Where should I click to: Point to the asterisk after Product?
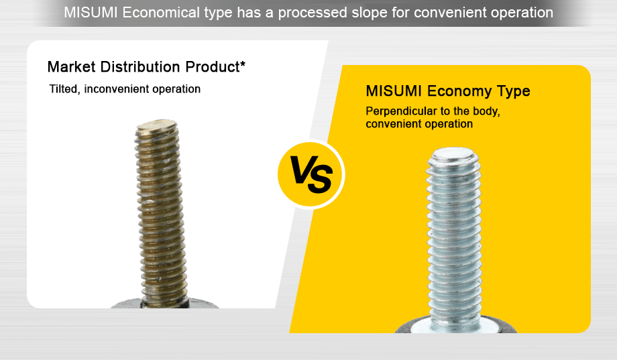tap(242, 65)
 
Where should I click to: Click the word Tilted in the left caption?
tap(64, 89)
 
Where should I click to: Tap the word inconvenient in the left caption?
tap(116, 89)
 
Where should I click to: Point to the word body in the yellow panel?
tap(486, 111)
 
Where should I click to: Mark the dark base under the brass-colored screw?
tap(164, 304)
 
